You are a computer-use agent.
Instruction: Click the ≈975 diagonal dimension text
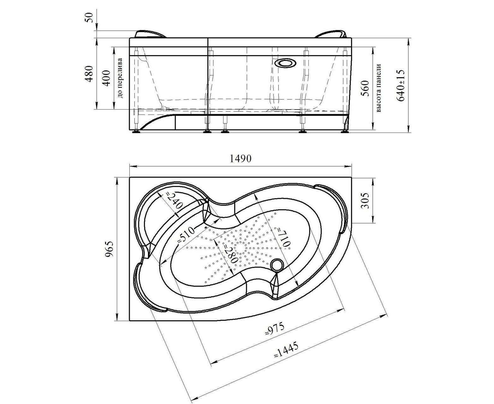pyautogui.click(x=274, y=329)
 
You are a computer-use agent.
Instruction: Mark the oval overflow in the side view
pyautogui.click(x=286, y=63)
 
